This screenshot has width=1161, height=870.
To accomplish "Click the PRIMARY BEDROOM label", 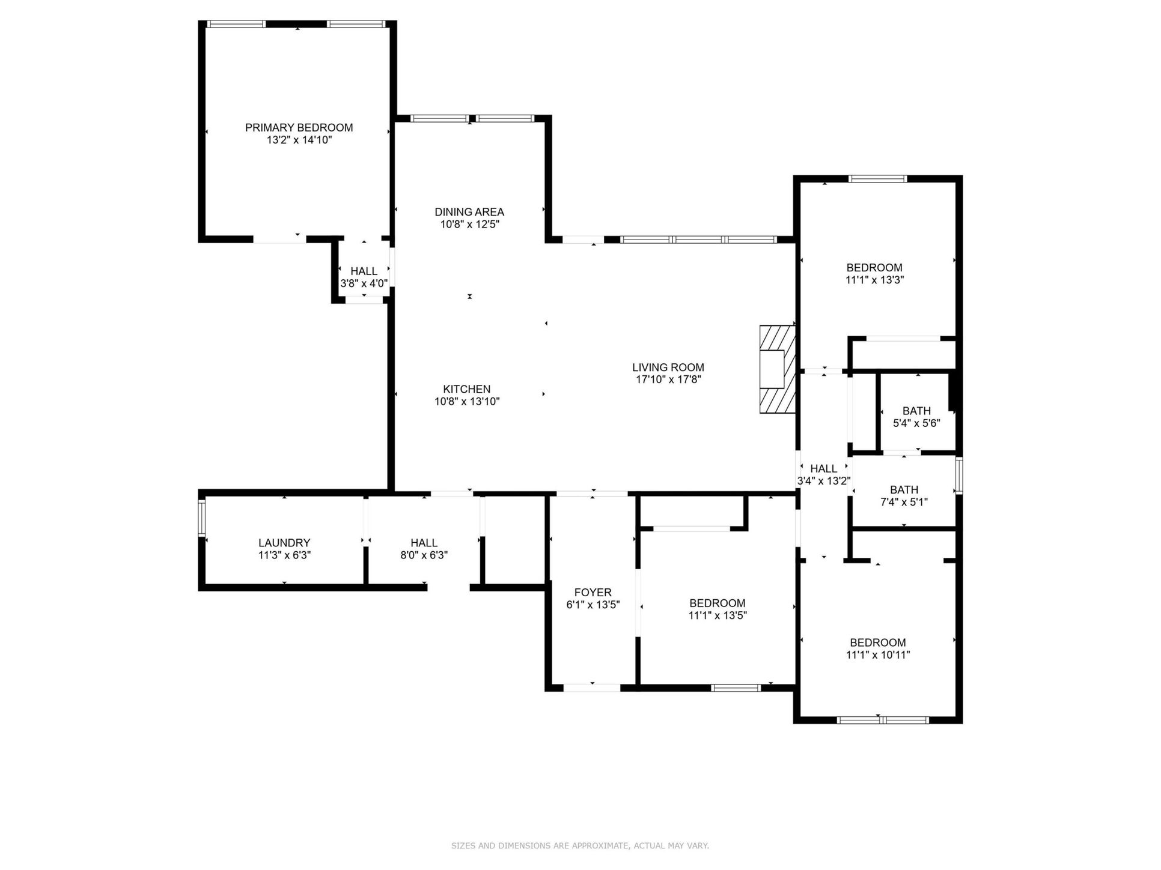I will tap(299, 127).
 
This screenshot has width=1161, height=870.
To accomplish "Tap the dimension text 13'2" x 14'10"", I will tap(299, 140).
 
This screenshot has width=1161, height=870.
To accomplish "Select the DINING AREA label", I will tap(469, 212).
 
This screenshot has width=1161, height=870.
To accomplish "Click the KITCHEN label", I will tap(467, 389).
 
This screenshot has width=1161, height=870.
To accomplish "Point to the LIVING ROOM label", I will tap(668, 367).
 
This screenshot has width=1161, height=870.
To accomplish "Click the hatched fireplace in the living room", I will tap(777, 370).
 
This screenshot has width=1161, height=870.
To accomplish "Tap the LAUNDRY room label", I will tap(284, 543).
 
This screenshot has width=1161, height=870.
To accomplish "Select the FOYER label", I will tap(593, 593).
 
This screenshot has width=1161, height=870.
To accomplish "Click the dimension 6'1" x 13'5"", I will tap(593, 605).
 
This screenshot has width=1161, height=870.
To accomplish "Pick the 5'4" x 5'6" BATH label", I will tap(916, 411).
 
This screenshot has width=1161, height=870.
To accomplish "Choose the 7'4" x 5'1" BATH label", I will tap(904, 490).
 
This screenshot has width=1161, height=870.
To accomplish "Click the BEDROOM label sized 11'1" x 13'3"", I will tap(874, 268).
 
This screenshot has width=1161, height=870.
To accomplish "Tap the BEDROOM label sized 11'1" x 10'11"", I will tap(877, 642).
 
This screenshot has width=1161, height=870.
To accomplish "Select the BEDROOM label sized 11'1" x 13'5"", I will tap(717, 603).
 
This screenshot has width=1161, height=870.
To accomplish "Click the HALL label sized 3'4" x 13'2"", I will tap(823, 469).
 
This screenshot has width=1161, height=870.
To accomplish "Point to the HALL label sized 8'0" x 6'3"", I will tap(424, 543).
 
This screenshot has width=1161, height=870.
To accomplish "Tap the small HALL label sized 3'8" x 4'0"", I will tap(364, 271).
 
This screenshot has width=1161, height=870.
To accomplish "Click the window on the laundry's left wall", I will tap(202, 518).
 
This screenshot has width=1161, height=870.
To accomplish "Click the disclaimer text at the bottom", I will tap(580, 846).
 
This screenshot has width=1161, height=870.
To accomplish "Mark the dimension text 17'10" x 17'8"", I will tap(668, 380).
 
